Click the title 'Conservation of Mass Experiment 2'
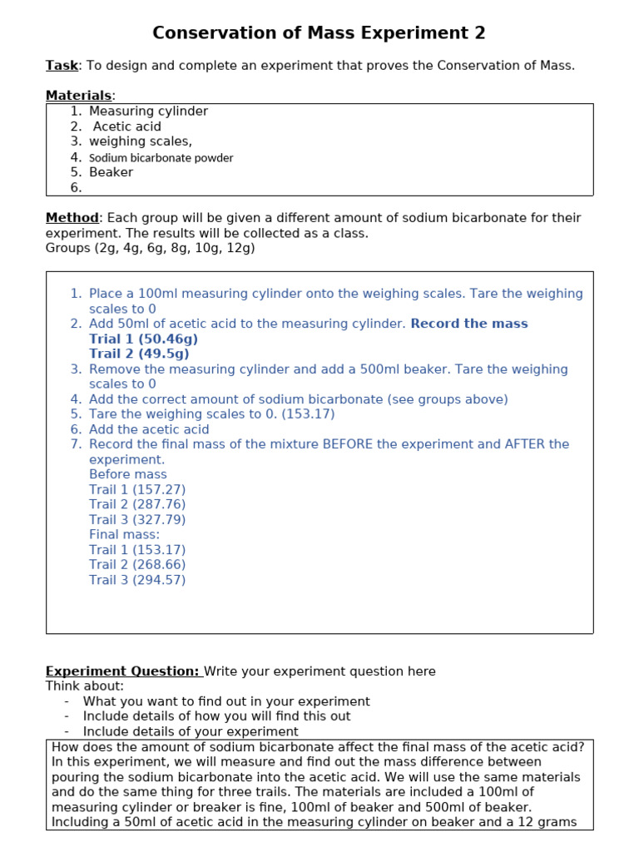click(319, 33)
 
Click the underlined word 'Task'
click(62, 66)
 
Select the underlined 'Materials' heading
click(78, 96)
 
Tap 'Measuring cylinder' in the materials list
click(148, 111)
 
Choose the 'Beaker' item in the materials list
click(111, 172)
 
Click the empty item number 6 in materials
click(77, 188)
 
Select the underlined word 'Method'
click(72, 218)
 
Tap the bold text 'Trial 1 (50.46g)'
click(143, 339)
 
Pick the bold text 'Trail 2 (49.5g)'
click(138, 354)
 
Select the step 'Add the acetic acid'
click(149, 429)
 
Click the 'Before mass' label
click(128, 474)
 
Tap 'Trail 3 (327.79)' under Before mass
click(137, 520)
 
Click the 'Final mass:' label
click(124, 535)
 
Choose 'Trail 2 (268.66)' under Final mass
click(137, 565)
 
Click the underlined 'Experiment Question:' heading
click(122, 671)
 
